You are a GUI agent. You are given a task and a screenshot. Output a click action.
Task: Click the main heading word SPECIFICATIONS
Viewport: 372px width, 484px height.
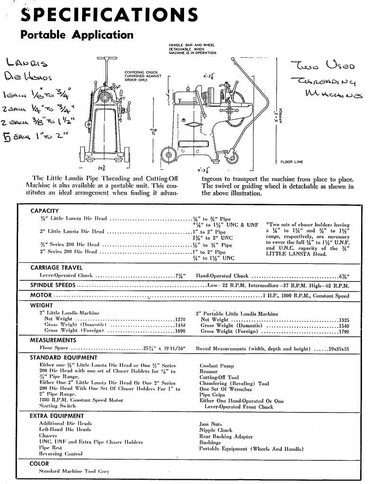pyautogui.click(x=109, y=15)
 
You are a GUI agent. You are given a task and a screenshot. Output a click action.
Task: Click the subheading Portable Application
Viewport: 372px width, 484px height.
pyautogui.click(x=77, y=35)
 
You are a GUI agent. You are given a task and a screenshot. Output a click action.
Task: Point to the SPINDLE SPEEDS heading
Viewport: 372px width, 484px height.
pyautogui.click(x=53, y=286)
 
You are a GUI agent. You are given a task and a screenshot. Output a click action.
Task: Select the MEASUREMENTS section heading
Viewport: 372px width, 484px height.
pyautogui.click(x=53, y=340)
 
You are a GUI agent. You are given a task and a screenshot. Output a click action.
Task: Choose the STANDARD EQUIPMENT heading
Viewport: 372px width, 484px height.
pyautogui.click(x=64, y=358)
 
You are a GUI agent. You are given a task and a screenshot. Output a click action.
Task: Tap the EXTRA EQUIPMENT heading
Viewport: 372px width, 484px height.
pyautogui.click(x=57, y=416)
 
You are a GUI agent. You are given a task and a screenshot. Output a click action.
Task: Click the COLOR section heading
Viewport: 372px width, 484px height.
pyautogui.click(x=39, y=464)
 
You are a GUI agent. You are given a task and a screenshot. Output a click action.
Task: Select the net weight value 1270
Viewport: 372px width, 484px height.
pyautogui.click(x=180, y=320)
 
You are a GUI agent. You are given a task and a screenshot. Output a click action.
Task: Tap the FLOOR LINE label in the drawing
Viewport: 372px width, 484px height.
pyautogui.click(x=291, y=162)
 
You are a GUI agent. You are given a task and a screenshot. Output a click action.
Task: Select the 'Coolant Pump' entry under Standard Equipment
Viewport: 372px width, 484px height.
pyautogui.click(x=216, y=366)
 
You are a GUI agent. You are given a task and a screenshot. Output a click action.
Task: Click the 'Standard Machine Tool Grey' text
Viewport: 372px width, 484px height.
pyautogui.click(x=74, y=472)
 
